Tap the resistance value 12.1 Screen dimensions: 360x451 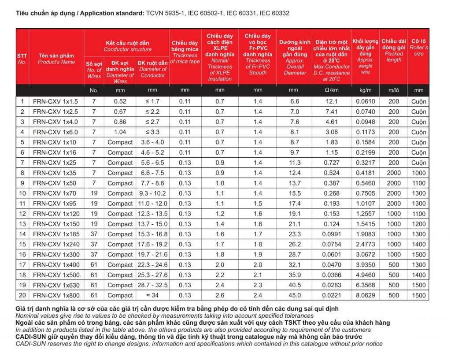coord(332,101)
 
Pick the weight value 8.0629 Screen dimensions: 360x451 coord(366,295)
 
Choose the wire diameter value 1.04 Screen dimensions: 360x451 coord(120,132)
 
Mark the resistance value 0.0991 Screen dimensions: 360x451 coord(332,234)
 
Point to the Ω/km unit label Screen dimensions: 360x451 coord(332,90)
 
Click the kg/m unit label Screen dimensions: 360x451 coord(366,90)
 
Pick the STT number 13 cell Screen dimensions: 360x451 coord(22,224)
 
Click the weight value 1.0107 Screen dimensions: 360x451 coord(366,204)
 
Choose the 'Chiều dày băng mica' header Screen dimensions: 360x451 coord(185,46)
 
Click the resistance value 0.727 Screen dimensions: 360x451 coord(332,163)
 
